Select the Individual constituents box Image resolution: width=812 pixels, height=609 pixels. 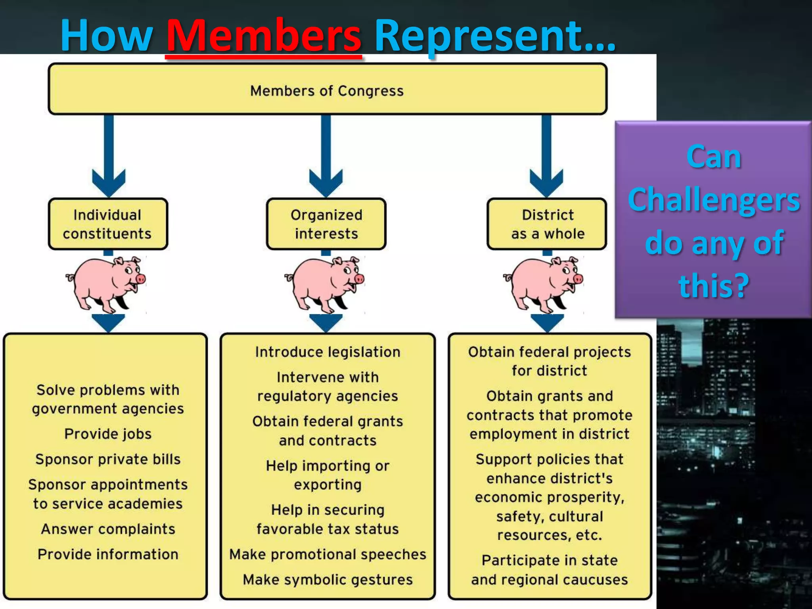[108, 224]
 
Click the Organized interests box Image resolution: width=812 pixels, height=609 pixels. [326, 224]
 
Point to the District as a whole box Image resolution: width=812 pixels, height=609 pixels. [547, 224]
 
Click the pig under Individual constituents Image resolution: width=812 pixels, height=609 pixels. [106, 284]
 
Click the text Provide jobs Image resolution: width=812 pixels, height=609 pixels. [108, 434]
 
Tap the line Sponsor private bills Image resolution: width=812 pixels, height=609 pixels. [108, 459]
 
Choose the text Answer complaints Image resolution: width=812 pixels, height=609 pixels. [108, 529]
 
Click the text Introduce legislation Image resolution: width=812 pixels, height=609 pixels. [327, 352]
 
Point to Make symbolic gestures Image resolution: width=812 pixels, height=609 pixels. [327, 580]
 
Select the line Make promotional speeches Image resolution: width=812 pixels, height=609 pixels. [327, 554]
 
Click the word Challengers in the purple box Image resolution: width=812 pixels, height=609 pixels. [714, 200]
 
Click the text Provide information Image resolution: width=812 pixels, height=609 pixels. [108, 554]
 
